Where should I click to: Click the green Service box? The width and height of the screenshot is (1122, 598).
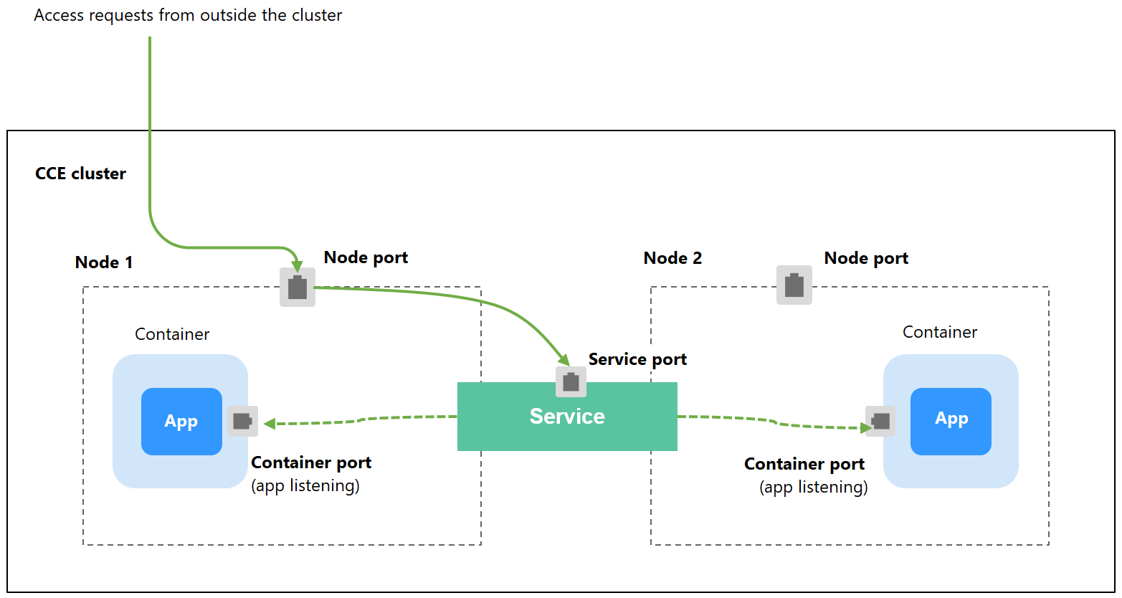click(x=566, y=427)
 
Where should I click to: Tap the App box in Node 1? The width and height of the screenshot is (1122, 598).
click(x=181, y=422)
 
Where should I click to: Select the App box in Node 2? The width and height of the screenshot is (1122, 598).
click(x=951, y=422)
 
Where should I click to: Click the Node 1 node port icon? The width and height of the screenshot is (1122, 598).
click(x=298, y=288)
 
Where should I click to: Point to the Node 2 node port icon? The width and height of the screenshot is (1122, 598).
click(x=794, y=285)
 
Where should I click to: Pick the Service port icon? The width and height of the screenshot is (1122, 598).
click(x=571, y=381)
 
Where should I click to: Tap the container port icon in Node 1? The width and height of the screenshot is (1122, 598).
click(x=242, y=421)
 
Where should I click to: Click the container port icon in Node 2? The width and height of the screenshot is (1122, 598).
click(x=880, y=421)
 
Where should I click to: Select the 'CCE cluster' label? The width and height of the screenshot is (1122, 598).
click(x=80, y=174)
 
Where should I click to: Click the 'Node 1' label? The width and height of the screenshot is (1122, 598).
click(x=104, y=262)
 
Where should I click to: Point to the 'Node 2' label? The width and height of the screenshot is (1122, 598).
click(x=672, y=258)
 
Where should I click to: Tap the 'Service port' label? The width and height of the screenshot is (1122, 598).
click(x=637, y=359)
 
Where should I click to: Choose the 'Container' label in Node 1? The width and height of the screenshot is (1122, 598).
click(x=172, y=334)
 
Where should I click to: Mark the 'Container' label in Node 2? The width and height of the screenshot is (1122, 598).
click(x=939, y=332)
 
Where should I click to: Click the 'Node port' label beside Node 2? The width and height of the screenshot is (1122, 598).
click(x=866, y=258)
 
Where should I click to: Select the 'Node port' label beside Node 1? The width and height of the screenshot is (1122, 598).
click(x=366, y=257)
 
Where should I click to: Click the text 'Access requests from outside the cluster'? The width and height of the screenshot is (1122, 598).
click(x=188, y=15)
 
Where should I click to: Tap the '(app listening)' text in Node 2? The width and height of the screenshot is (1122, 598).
click(x=813, y=488)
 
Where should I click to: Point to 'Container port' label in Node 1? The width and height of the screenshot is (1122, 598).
click(x=311, y=462)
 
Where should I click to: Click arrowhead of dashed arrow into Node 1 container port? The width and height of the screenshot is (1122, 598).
click(x=270, y=424)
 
